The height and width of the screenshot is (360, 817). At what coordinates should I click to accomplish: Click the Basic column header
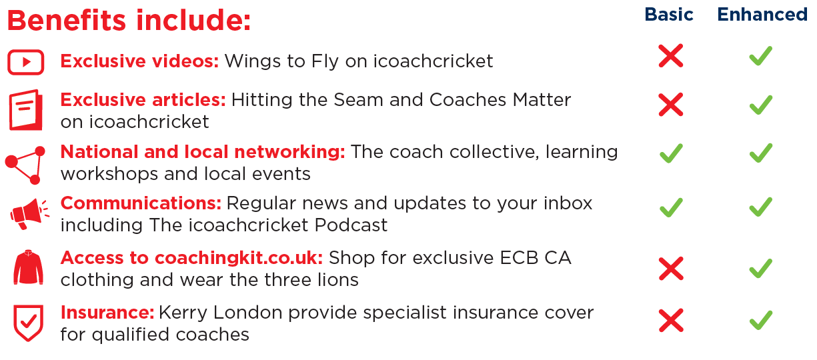point(668,15)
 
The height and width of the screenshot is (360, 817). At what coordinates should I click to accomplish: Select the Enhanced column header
point(762,15)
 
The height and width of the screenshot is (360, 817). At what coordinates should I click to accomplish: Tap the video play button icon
point(25,62)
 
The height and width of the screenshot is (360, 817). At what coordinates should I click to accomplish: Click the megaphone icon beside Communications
point(29,214)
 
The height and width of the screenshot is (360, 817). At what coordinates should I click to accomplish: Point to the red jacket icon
point(29,267)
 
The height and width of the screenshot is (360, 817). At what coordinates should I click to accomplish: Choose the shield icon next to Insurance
point(28,323)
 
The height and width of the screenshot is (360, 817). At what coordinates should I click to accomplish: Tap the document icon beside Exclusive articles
point(25,110)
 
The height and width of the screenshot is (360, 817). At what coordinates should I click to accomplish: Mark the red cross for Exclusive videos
point(670,56)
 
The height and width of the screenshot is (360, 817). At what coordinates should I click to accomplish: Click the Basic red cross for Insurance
point(671,320)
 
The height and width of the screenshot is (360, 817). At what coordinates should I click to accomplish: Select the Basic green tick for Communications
point(671,207)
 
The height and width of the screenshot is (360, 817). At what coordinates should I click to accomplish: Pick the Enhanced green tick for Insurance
point(761,320)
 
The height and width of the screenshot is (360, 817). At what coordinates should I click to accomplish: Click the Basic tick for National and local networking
point(671,153)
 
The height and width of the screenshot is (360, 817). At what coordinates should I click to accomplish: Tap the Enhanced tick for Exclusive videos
point(761,56)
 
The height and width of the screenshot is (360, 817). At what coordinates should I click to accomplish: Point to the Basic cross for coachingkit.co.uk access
point(671,269)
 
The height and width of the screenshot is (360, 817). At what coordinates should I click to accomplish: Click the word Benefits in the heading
point(67,20)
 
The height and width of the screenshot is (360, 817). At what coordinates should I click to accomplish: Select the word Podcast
point(351,225)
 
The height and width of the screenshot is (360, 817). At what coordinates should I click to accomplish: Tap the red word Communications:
point(141,203)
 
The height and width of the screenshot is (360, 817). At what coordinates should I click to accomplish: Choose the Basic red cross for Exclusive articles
point(670,105)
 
